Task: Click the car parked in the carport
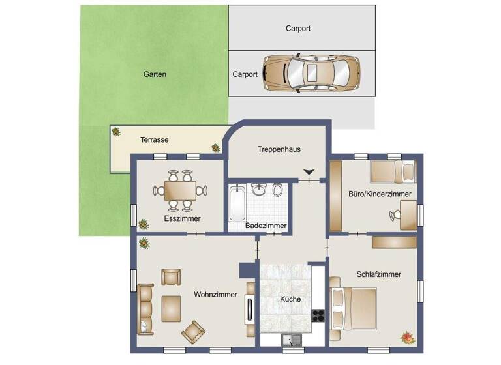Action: tap(311, 73)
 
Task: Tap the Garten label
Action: tap(155, 74)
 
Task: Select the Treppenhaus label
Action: tap(279, 149)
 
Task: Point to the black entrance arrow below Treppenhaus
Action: tap(309, 172)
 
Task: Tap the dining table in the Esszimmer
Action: tap(180, 190)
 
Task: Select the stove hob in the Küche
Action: tap(318, 315)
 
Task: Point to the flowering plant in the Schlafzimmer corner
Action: tap(407, 336)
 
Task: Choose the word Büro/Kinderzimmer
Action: tap(380, 194)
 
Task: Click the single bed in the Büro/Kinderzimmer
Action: tap(392, 171)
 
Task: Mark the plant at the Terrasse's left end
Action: tap(116, 132)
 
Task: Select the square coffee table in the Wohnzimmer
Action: tap(171, 308)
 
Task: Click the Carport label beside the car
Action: tap(245, 74)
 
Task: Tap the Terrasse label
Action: tap(155, 140)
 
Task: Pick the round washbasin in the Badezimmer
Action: tap(259, 190)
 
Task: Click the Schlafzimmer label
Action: tap(378, 274)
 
